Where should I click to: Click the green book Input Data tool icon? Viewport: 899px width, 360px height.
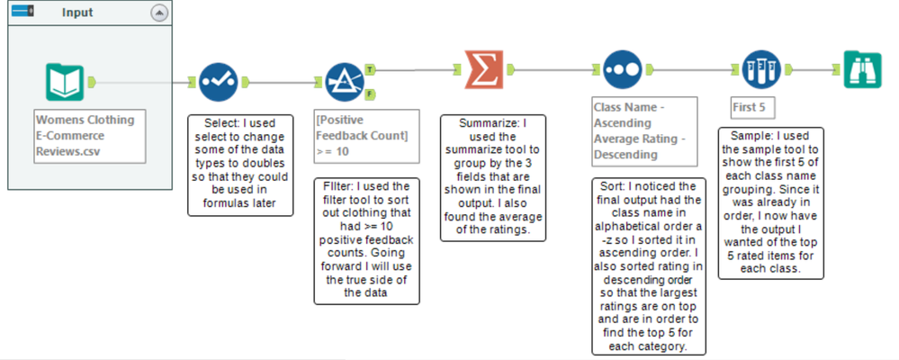[x=66, y=82]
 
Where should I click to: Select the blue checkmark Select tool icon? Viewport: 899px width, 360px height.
[x=216, y=82]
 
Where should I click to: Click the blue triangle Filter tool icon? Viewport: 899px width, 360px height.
[x=343, y=82]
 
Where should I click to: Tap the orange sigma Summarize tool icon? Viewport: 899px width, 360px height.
[x=483, y=69]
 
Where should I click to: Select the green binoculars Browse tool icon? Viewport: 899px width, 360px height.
[x=862, y=69]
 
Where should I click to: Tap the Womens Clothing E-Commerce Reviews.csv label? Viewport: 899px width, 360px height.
[x=88, y=136]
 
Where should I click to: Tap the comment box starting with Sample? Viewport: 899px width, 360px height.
[x=770, y=202]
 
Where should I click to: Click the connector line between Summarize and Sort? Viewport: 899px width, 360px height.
[x=553, y=69]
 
